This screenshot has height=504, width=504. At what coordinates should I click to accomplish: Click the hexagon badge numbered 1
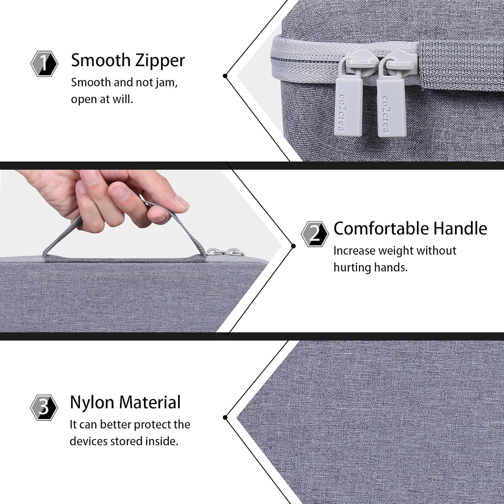[x=44, y=64]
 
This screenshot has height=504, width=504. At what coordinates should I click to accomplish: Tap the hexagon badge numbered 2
[x=314, y=234]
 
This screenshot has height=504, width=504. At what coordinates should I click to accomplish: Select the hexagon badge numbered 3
[x=44, y=408]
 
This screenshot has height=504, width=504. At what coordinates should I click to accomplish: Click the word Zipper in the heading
[x=160, y=61]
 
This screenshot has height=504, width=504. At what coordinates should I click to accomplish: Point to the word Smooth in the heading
[x=101, y=60]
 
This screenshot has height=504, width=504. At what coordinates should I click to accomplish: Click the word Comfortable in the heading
[x=381, y=228]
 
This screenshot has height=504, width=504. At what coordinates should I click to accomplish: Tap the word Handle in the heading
[x=460, y=228]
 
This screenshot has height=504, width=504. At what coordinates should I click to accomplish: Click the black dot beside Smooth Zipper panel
[x=225, y=76]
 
